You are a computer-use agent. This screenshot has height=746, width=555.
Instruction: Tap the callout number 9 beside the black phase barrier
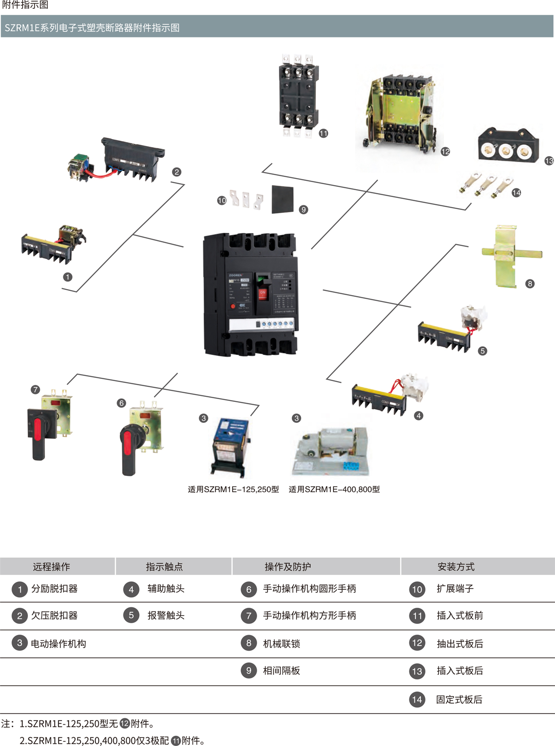tap(303, 210)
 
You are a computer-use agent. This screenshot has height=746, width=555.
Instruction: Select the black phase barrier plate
tap(283, 199)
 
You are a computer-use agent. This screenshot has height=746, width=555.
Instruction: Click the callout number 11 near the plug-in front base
tap(323, 133)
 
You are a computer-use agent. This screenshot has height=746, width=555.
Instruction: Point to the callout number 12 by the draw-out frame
tap(445, 152)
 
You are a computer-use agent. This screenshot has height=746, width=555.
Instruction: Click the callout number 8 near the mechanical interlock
tap(530, 284)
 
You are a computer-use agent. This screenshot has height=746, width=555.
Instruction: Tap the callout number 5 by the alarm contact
tap(482, 351)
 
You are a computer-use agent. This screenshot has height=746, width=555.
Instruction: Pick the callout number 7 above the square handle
tap(35, 389)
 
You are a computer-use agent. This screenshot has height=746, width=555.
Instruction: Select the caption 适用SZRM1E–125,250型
tap(233, 489)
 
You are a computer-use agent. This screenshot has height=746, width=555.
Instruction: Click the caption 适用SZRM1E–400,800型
tap(334, 489)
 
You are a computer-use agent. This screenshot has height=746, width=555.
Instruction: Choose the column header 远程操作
tap(51, 567)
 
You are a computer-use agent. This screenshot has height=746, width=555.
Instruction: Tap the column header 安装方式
tap(456, 567)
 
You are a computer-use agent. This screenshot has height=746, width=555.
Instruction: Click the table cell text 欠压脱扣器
tap(54, 616)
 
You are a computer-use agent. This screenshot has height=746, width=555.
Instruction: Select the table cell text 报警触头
tap(166, 616)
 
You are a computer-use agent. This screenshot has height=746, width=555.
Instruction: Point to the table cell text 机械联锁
tap(281, 643)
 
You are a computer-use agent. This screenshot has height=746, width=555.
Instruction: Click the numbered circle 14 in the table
tap(417, 699)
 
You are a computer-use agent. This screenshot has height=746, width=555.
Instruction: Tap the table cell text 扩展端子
tap(455, 589)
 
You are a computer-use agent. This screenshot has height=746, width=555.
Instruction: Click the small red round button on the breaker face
tap(233, 306)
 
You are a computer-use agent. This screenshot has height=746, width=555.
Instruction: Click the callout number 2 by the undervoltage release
tap(176, 172)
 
